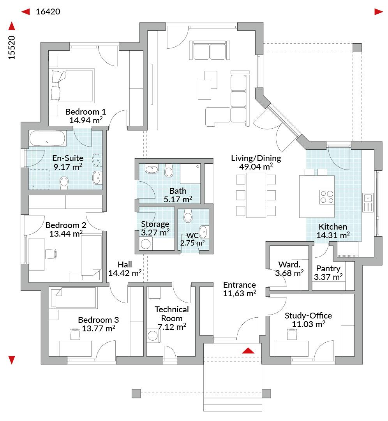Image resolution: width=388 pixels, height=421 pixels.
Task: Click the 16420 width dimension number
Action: (48, 12)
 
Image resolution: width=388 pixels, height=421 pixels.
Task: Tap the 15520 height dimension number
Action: (12, 47)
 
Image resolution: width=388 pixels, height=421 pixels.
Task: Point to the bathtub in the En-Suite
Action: (47, 139)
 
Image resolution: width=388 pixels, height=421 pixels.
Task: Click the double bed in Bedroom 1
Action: (72, 85)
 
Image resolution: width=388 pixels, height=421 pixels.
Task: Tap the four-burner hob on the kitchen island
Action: (326, 196)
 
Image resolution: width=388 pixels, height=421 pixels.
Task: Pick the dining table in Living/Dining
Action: (256, 195)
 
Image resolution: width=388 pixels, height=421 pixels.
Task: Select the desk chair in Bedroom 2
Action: (51, 254)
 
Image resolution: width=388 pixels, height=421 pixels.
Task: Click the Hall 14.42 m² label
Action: (125, 269)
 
